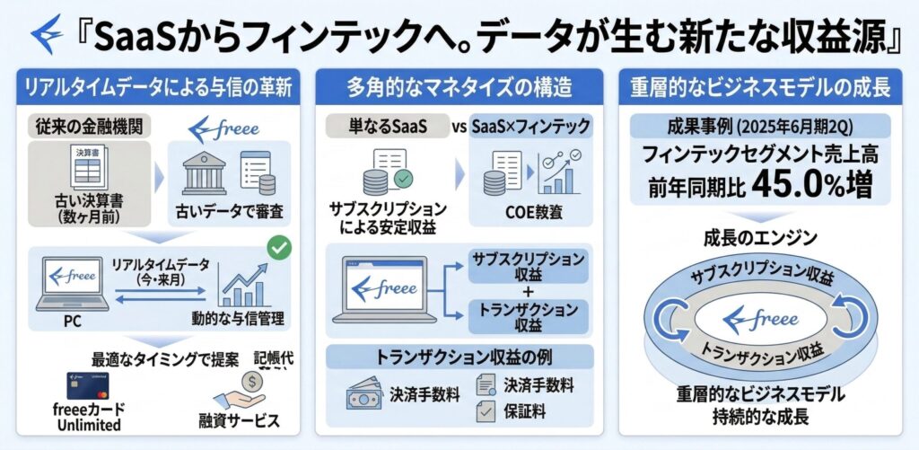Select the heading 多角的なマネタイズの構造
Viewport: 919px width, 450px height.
click(459, 89)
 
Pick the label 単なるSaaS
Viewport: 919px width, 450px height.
click(389, 127)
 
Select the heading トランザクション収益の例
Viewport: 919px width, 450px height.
click(459, 357)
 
